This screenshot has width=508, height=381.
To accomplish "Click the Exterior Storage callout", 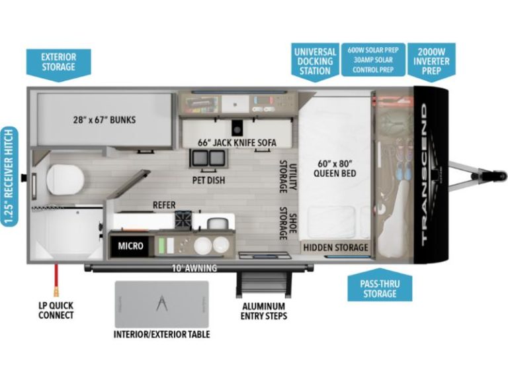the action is [58, 64].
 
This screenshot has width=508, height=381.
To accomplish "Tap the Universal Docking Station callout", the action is [315, 62].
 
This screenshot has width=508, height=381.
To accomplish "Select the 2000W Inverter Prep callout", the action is [431, 61].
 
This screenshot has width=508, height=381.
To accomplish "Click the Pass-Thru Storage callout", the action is [380, 286].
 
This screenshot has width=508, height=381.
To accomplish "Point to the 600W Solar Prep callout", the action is [373, 60].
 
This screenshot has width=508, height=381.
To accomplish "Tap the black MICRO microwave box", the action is [130, 246].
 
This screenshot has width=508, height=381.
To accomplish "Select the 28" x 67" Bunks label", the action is [105, 120].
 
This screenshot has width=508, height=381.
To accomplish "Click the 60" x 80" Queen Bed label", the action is [335, 168].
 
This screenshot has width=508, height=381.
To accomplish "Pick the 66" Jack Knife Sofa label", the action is [237, 142].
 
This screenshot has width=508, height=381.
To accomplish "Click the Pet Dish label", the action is [208, 180].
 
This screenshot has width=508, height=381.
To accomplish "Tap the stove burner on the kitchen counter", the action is [184, 219].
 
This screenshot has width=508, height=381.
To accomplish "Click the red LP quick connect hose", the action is [56, 280].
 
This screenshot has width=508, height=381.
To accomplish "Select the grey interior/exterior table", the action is [161, 304].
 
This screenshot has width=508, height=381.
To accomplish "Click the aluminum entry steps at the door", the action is [264, 284].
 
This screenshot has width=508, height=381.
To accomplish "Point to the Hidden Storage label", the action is [335, 248].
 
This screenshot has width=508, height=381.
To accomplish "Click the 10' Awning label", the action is [194, 268].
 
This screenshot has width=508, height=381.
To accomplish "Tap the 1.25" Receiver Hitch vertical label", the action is [10, 177].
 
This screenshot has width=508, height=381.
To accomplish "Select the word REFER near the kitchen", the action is [164, 205].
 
